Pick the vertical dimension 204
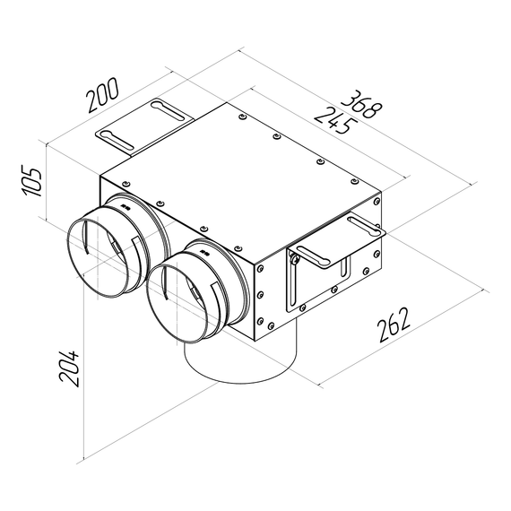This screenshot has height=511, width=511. [x=70, y=365]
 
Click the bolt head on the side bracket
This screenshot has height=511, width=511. [x=293, y=259]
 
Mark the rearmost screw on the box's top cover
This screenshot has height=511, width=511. [x=243, y=117]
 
